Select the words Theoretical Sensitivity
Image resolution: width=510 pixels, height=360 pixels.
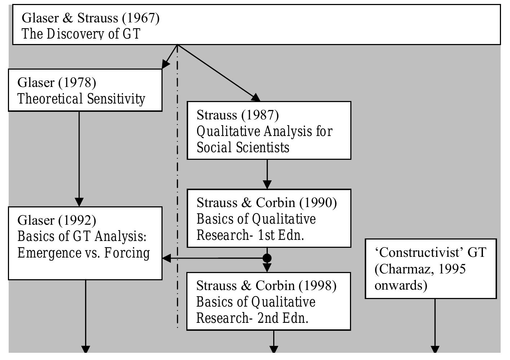[81, 99]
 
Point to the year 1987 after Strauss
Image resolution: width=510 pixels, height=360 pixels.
[260, 115]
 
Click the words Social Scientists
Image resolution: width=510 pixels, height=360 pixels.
[243, 148]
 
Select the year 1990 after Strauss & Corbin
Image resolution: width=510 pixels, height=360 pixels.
[318, 203]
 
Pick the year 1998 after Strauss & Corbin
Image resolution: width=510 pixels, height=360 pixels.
[317, 286]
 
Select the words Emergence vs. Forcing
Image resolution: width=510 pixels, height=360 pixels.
[83, 253]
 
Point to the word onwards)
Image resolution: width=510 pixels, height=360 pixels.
[400, 285]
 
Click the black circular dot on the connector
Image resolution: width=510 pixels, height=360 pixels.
[267, 258]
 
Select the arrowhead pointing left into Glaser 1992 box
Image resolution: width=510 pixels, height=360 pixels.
[167, 258]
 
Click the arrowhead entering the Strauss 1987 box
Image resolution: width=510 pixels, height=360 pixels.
[256, 97]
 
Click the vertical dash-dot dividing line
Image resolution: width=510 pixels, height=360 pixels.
[177, 180]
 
